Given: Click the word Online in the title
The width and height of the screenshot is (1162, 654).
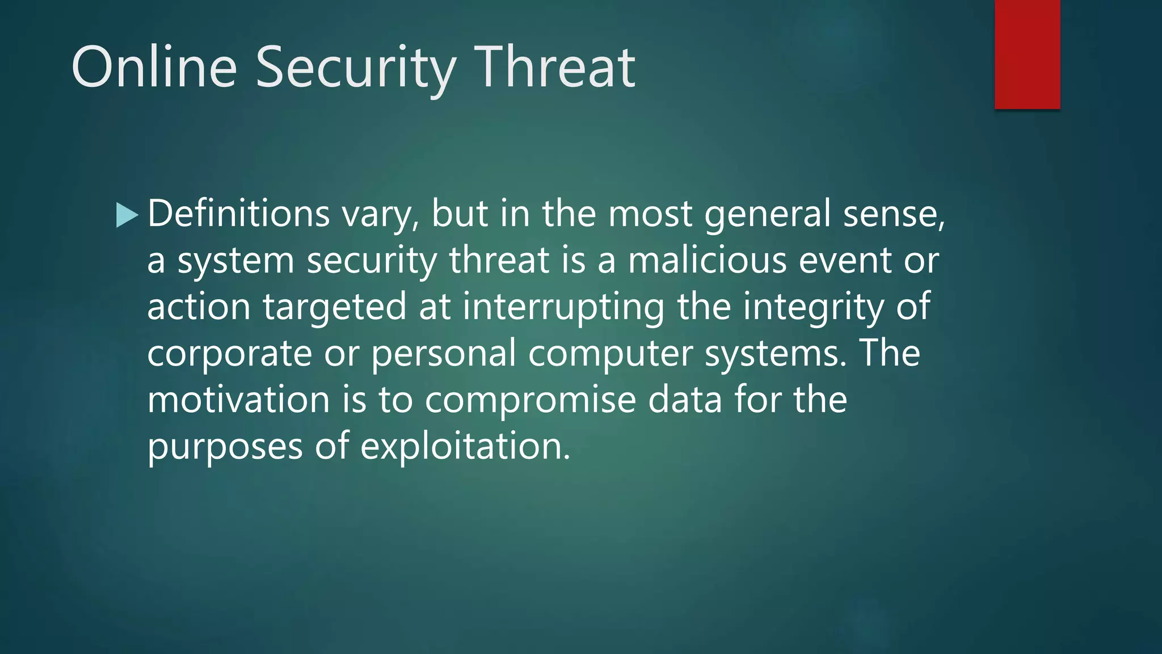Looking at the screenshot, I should click(x=154, y=68).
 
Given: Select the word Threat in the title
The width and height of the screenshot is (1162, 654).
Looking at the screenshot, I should click(x=554, y=68).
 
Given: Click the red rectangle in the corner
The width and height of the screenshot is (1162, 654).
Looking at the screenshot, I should click(x=1027, y=54).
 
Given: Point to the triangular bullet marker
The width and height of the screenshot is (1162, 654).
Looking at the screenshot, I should click(x=127, y=215).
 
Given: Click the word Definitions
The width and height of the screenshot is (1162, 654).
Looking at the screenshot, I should click(x=238, y=214).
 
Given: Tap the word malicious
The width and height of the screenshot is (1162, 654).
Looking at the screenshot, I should click(x=707, y=261).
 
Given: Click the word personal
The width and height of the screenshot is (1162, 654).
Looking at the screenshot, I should click(x=443, y=353).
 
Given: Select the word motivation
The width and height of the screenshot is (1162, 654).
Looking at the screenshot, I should click(x=238, y=400).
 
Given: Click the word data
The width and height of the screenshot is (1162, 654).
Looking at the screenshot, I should click(x=685, y=400).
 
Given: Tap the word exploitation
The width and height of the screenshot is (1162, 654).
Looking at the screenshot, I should click(x=465, y=446).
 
